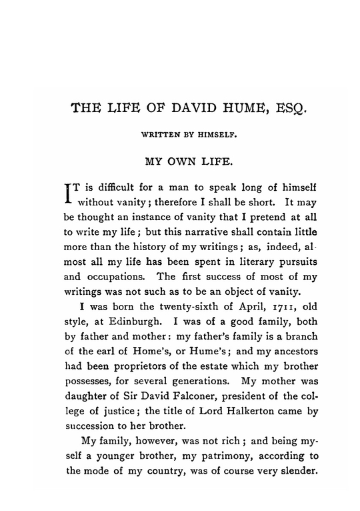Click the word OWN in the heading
point(183,161)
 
